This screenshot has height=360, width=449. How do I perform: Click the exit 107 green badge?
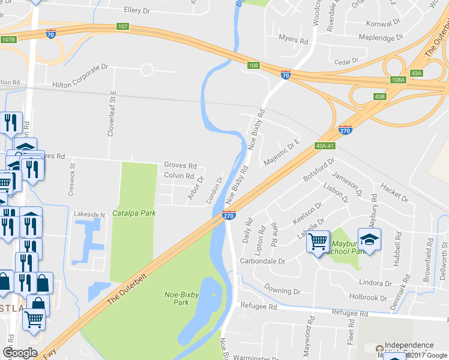[x=122, y=26]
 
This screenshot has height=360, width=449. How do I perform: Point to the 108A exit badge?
[x=398, y=80]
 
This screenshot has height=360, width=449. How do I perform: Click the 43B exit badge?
[x=379, y=96]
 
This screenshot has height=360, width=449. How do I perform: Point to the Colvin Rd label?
[x=179, y=176]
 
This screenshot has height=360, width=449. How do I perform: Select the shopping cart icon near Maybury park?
[x=318, y=242]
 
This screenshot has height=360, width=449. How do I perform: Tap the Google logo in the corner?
[x=20, y=353]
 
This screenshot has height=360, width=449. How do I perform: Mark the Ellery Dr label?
[x=136, y=10]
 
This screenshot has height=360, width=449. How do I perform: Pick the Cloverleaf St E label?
[x=111, y=114]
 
